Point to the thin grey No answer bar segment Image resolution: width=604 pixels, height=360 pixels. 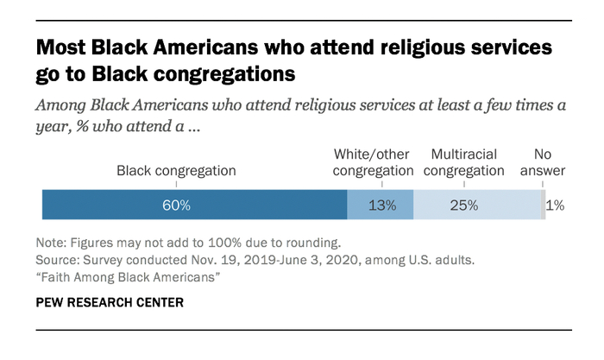tap(543, 205)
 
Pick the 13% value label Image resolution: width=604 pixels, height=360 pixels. tap(381, 206)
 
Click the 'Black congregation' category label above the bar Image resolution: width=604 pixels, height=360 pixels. tap(176, 171)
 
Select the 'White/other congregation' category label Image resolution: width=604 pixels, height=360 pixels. tap(374, 162)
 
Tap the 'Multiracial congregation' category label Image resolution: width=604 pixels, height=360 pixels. tap(467, 162)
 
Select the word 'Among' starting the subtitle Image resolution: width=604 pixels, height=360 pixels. tap(60, 106)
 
